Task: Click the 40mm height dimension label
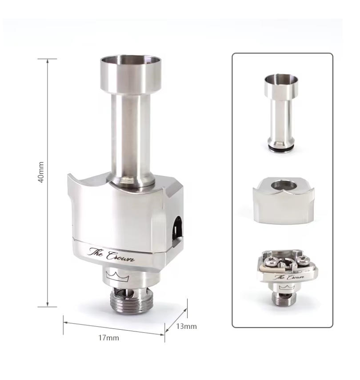41,172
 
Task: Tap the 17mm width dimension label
109,338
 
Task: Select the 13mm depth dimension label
186,326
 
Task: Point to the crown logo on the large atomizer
117,276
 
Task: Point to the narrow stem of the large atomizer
131,136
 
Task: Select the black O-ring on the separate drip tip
281,148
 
